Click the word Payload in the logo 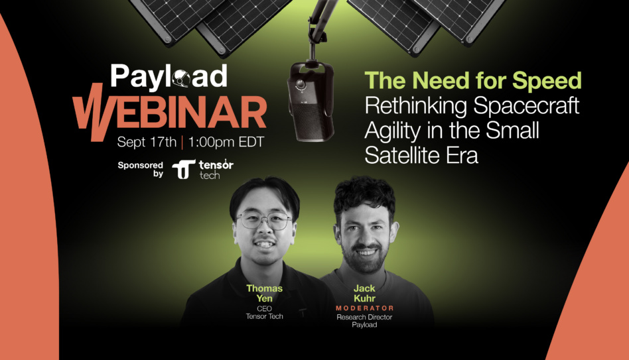[x=169, y=76]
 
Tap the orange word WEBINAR [x=170, y=113]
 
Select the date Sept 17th [x=147, y=142]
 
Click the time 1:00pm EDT [x=226, y=142]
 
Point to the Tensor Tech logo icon [x=184, y=169]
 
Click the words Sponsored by [x=141, y=169]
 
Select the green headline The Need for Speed [x=473, y=80]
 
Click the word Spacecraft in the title [x=526, y=106]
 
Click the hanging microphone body [x=311, y=102]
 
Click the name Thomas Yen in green [x=264, y=293]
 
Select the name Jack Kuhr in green [x=364, y=293]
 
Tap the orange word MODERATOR [x=365, y=308]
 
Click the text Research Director [x=364, y=317]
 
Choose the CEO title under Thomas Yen [x=264, y=308]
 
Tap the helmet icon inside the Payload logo [x=181, y=79]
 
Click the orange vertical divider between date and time [x=182, y=143]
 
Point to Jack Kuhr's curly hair [x=364, y=194]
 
